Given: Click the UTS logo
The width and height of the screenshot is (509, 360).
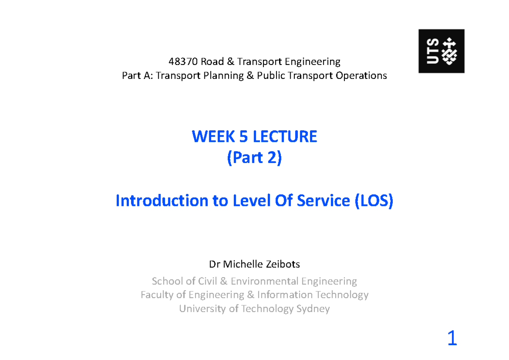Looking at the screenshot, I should click(x=441, y=51).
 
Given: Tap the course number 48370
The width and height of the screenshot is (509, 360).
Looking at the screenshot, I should click(x=183, y=62).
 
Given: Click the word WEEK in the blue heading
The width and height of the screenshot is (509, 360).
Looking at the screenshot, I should click(x=209, y=137).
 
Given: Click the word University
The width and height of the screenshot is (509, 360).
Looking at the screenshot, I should click(x=203, y=309).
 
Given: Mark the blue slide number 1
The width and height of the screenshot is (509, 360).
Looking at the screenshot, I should click(x=452, y=339).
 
